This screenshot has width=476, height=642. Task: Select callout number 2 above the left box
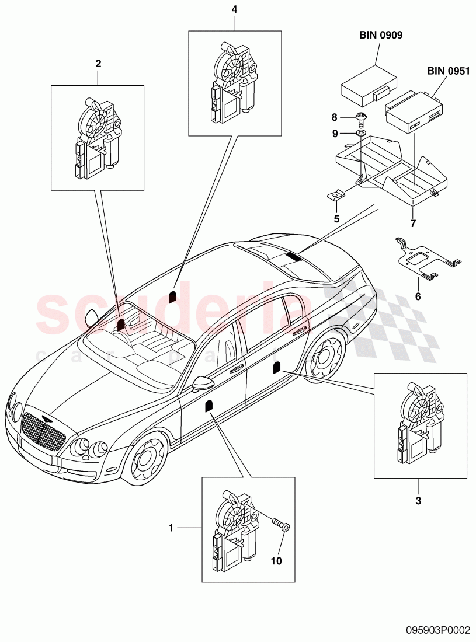click(98, 63)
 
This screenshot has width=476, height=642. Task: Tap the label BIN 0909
click(380, 35)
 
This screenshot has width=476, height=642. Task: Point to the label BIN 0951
click(448, 71)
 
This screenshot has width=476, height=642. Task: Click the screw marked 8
click(362, 120)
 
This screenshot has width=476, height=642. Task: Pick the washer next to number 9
click(362, 134)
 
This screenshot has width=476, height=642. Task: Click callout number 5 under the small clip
click(336, 219)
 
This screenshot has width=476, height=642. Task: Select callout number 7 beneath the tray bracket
click(413, 224)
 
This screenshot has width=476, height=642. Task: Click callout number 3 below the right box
click(418, 500)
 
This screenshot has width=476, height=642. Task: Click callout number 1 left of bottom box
click(171, 528)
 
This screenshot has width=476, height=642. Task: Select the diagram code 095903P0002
click(437, 630)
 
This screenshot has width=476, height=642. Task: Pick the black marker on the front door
click(208, 406)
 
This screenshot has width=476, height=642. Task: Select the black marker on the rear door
click(276, 367)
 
